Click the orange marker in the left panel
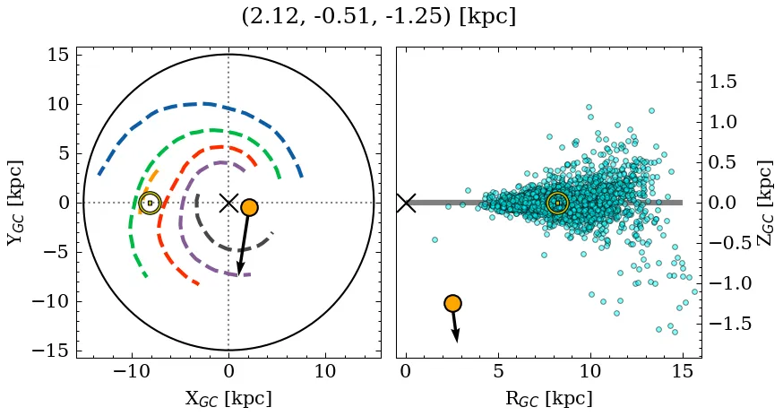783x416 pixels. click(249, 207)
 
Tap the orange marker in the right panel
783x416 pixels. click(452, 303)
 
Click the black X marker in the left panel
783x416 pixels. click(228, 203)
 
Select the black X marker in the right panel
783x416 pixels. click(406, 203)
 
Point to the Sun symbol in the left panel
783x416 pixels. click(150, 203)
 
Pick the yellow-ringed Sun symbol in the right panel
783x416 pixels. click(557, 203)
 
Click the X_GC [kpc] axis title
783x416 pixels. click(228, 398)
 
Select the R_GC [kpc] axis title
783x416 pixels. click(548, 398)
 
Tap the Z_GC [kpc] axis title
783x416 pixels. click(766, 203)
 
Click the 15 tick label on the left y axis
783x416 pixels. click(57, 56)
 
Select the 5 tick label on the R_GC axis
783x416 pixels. click(498, 371)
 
